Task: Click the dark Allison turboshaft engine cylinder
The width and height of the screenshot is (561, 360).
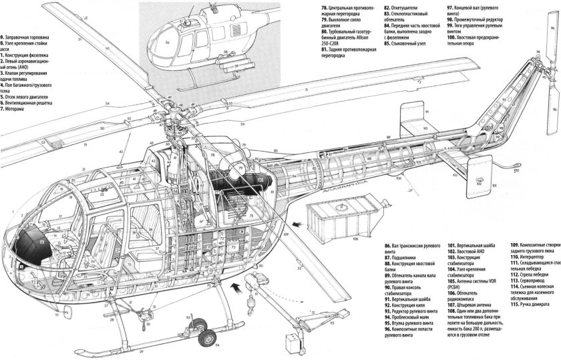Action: [x=244, y=180]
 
